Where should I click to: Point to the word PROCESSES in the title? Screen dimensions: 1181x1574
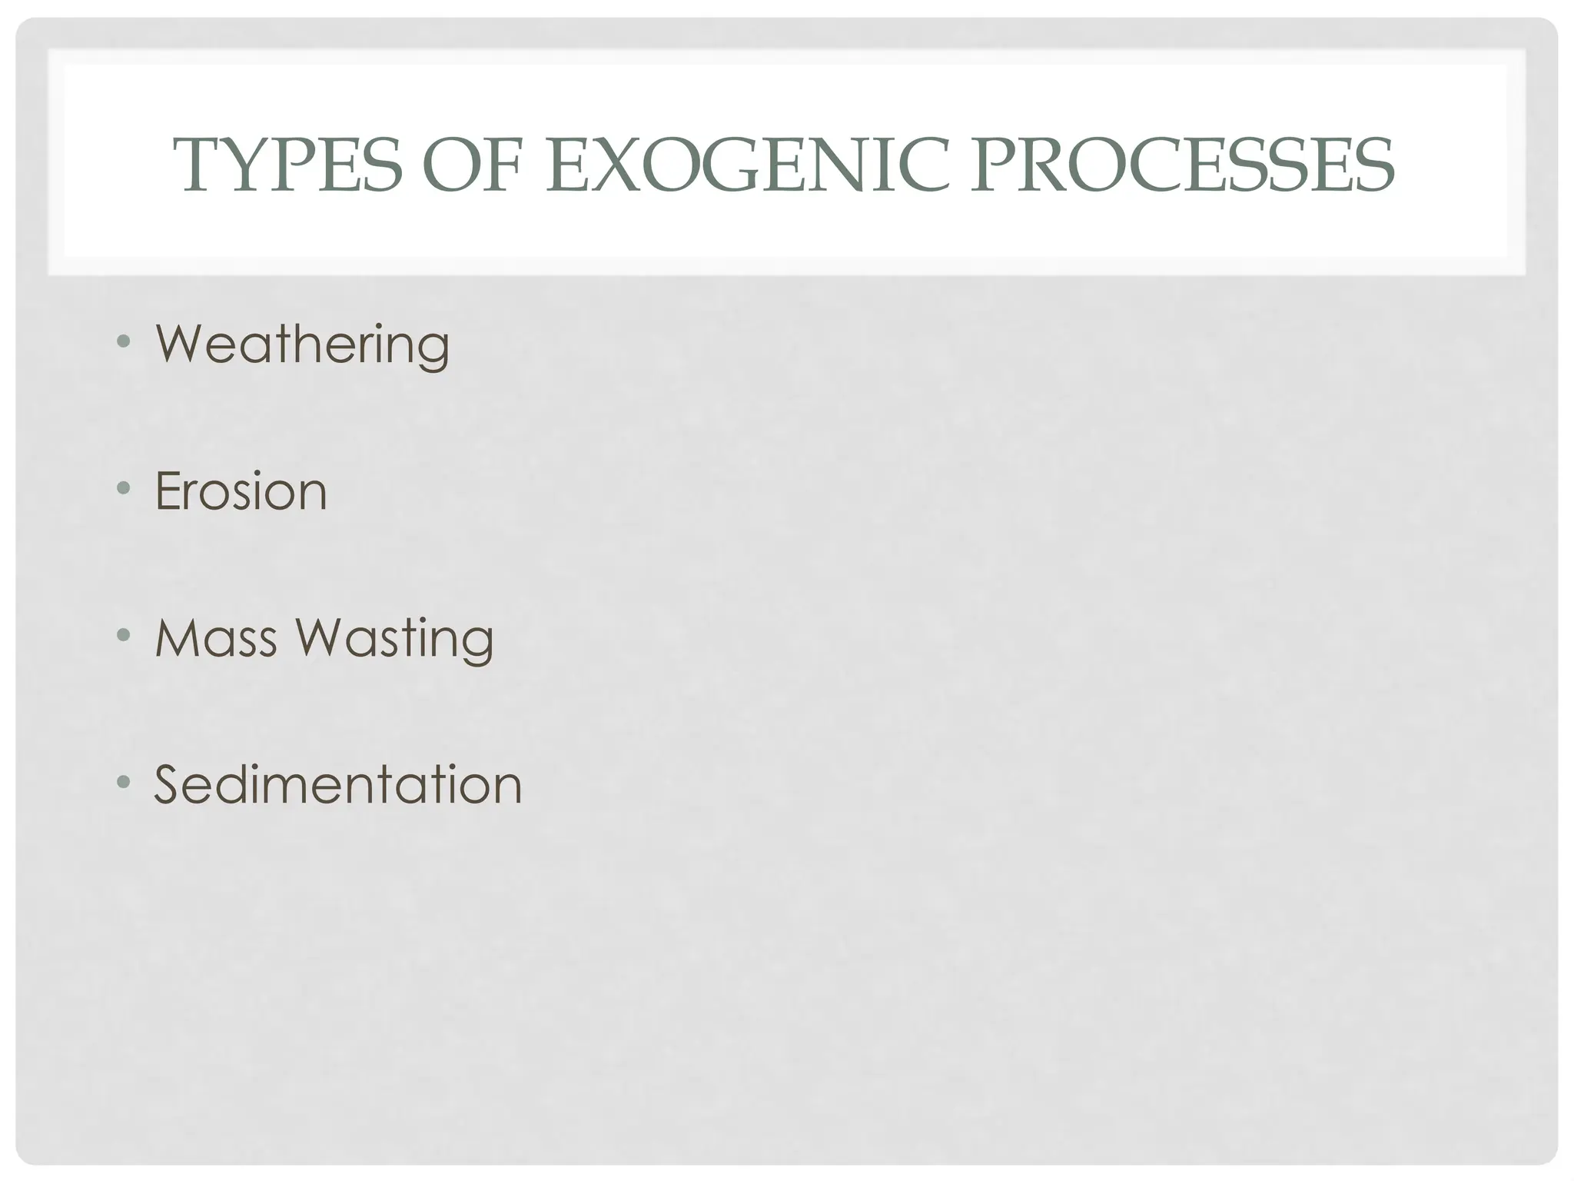(x=1181, y=165)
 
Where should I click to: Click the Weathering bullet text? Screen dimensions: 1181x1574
(x=302, y=344)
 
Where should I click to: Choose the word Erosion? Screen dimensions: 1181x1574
(x=241, y=491)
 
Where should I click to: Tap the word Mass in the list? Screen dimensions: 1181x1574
(x=216, y=638)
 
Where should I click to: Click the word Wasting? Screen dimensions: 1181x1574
(x=395, y=640)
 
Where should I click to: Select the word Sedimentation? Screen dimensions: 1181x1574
(x=338, y=785)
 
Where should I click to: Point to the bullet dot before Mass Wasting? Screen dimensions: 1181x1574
(x=123, y=635)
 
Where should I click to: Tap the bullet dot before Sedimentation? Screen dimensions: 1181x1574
(x=123, y=782)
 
